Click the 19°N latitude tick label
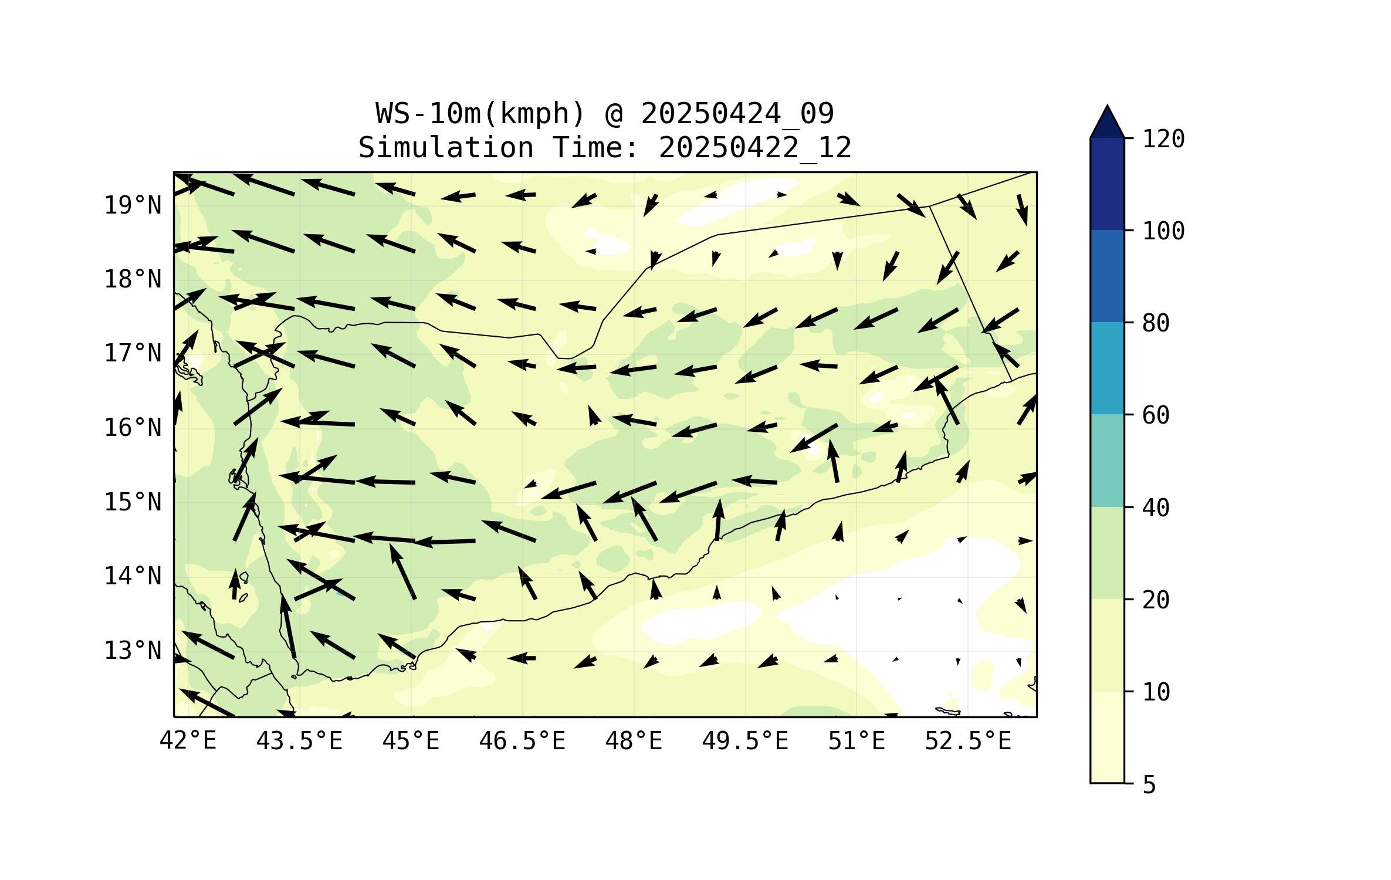pos(133,205)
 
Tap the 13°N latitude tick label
pos(133,651)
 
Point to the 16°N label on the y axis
pos(133,428)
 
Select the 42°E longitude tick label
pos(188,741)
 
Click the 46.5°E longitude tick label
pos(522,741)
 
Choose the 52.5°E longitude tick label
pos(968,741)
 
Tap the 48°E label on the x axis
pos(634,741)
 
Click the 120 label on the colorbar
pos(1163,139)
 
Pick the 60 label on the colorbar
pos(1156,415)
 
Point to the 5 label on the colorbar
pos(1149,785)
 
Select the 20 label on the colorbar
pos(1156,600)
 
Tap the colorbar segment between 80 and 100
pos(1107,276)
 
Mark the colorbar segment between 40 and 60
pos(1107,461)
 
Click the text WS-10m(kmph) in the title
pos(480,114)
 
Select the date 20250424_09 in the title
pos(737,114)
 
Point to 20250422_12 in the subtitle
pos(755,148)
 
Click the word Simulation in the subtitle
pos(446,148)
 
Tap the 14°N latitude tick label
pos(133,576)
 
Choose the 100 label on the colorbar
pos(1163,231)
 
